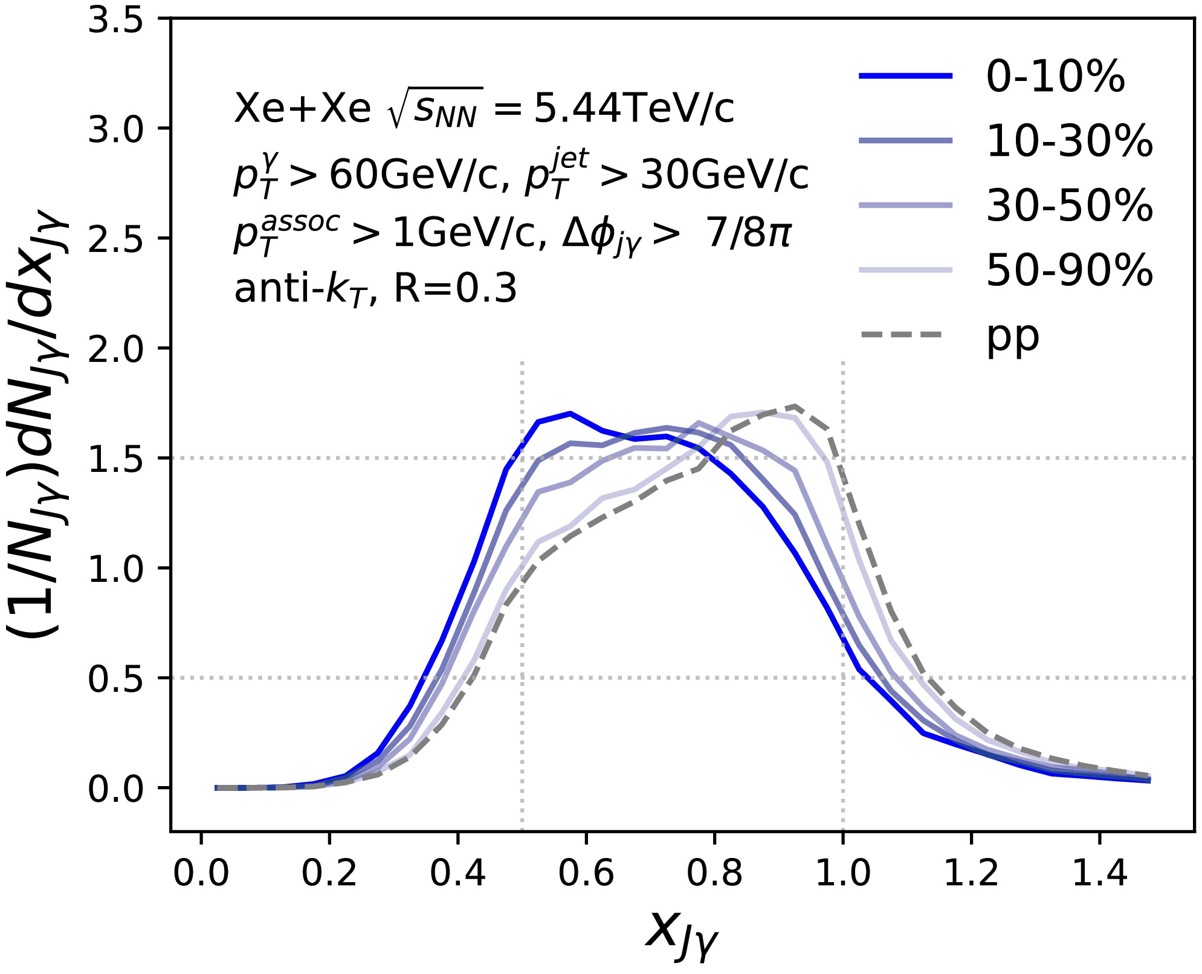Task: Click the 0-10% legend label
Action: coord(1055,77)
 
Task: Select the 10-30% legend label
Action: coord(1069,141)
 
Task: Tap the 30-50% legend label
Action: coord(1069,206)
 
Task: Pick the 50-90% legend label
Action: coord(1069,270)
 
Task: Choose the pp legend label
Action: coord(1013,337)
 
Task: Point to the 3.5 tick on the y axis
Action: coord(115,19)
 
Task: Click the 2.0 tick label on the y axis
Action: coord(115,349)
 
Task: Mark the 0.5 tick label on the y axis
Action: coord(115,679)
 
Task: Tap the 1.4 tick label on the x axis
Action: coord(1099,874)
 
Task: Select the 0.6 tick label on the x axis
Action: coord(586,874)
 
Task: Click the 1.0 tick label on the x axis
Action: coord(842,874)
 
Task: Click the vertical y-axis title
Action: coord(37,423)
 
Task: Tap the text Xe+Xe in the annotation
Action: coord(302,109)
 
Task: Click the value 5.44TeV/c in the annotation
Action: coord(634,109)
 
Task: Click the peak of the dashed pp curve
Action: coord(794,406)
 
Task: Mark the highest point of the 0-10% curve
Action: coord(570,413)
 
